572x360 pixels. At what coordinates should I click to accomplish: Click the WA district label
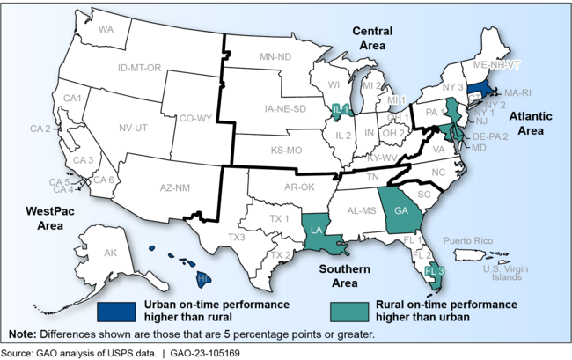click(x=107, y=29)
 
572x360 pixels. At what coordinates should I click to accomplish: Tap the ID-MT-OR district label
click(x=140, y=68)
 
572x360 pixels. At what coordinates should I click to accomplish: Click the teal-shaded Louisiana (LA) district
click(x=316, y=231)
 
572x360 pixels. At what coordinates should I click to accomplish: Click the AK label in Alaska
click(x=110, y=253)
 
